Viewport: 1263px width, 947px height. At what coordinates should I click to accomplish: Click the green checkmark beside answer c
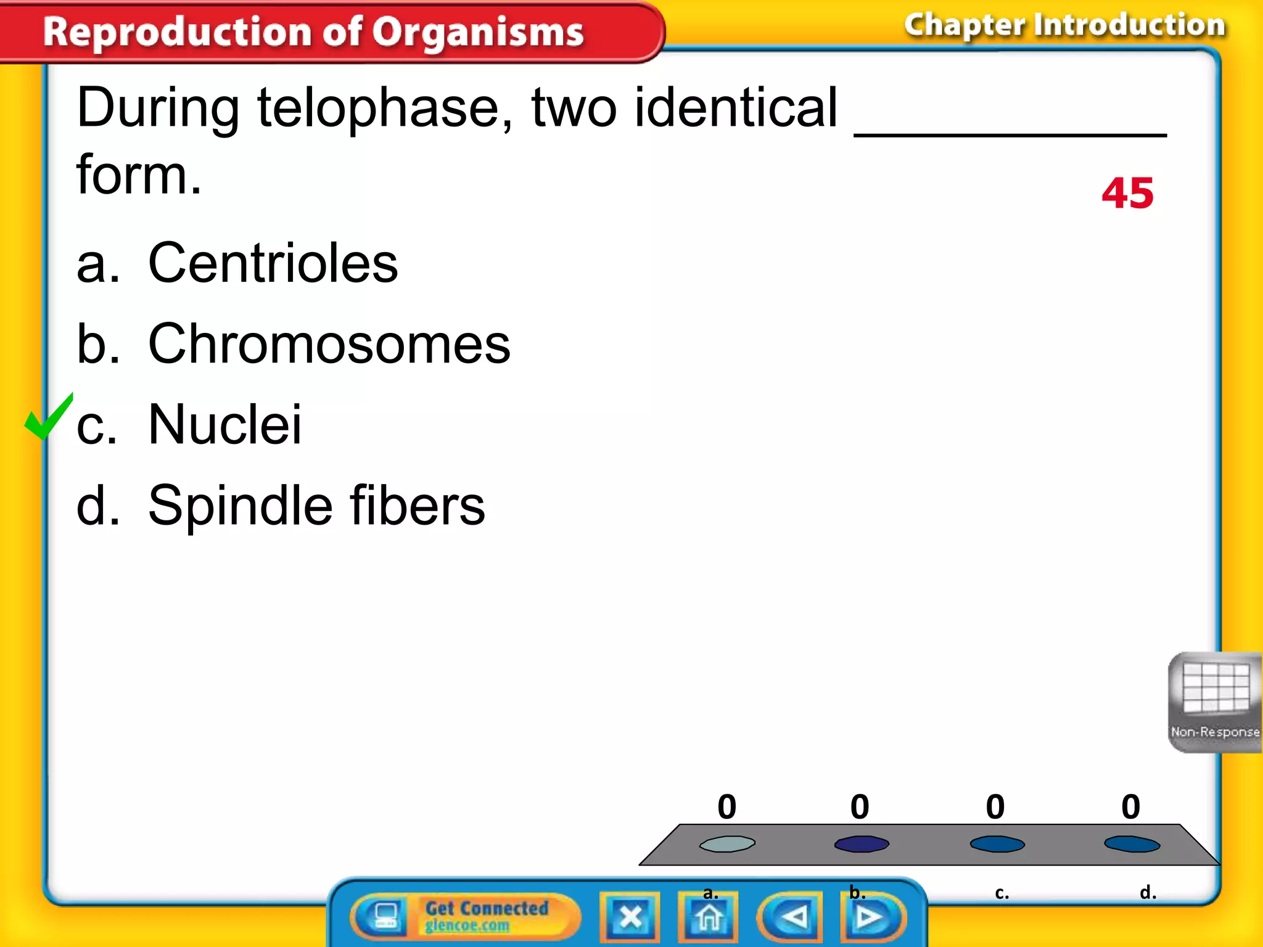48,418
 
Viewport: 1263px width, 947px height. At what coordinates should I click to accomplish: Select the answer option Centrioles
273,263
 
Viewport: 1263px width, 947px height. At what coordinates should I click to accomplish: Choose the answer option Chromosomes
329,344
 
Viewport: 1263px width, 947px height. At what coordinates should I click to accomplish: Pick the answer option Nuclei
225,424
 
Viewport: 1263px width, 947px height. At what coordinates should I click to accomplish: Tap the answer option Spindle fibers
316,506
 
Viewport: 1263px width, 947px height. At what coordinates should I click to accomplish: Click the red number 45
1127,194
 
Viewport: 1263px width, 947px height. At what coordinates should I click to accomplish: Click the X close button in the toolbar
630,917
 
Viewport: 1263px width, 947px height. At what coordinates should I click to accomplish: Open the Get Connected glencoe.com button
466,916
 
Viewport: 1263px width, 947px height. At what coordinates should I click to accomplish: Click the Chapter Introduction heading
1064,26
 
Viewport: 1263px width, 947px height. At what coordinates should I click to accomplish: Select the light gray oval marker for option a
727,843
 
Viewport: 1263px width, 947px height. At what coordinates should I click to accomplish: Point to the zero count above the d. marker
1130,806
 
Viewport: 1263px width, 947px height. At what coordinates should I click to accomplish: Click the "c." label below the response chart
1002,893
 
